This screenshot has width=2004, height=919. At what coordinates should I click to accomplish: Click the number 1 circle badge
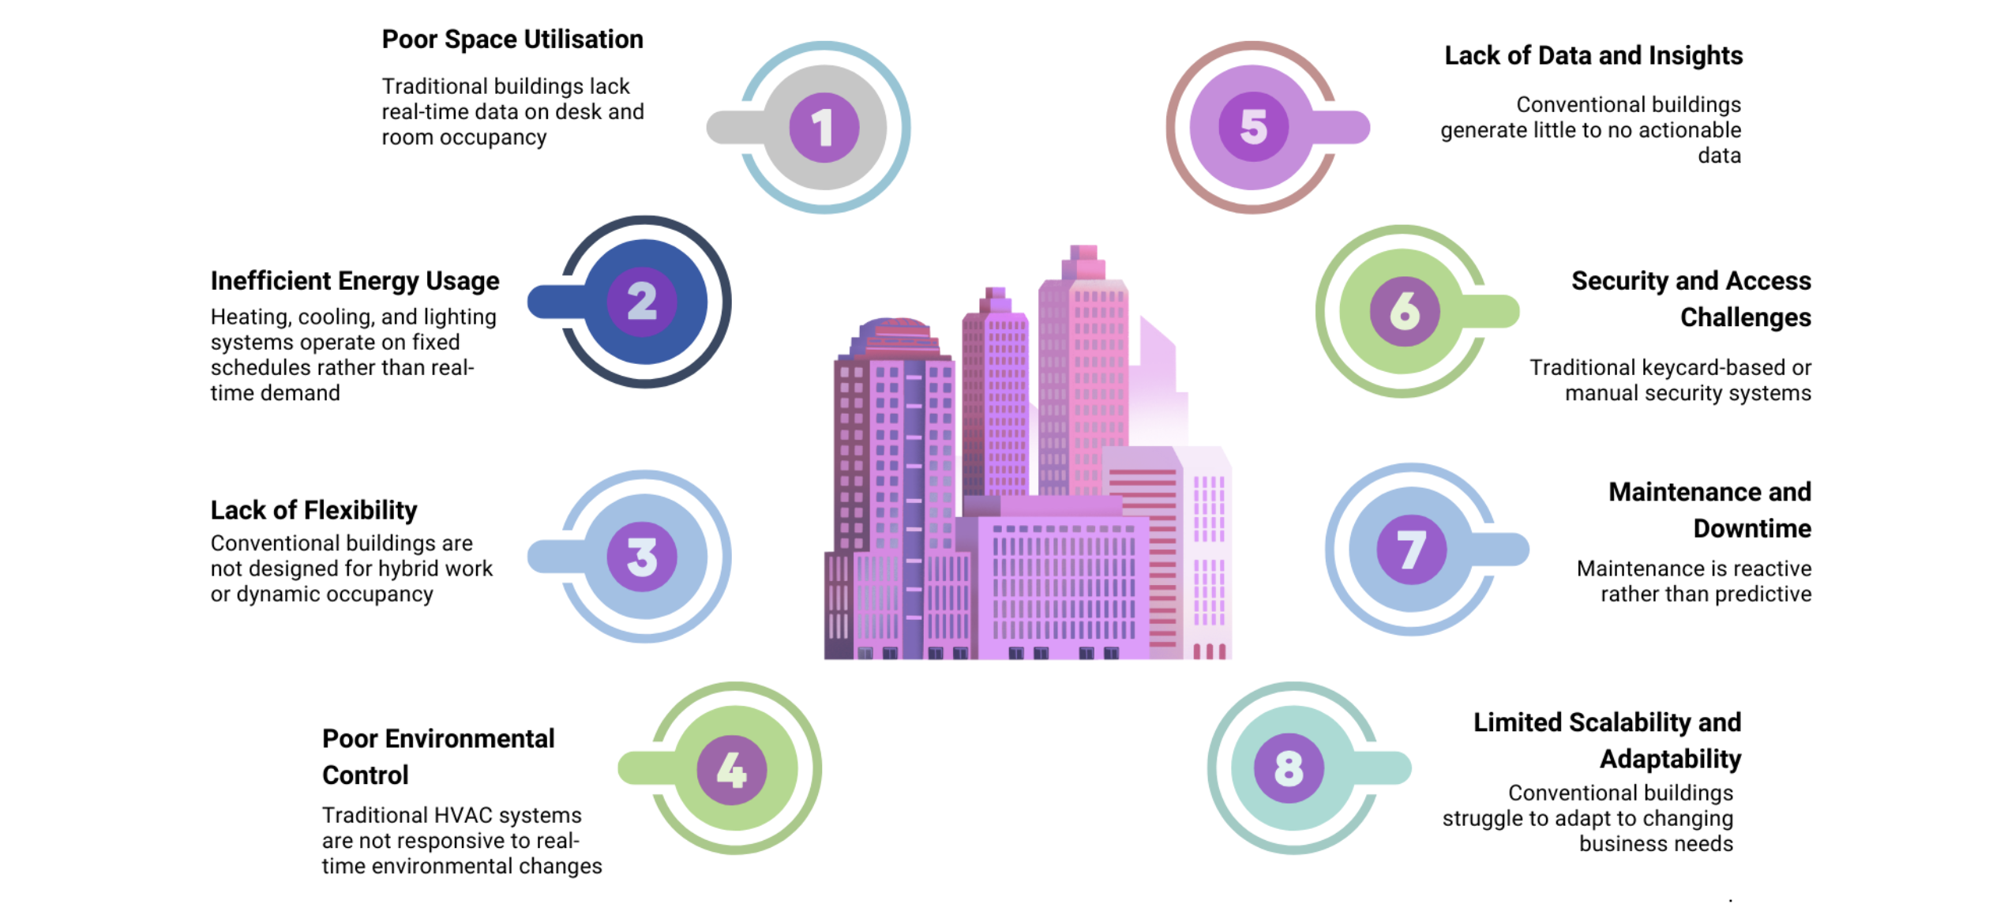pos(824,127)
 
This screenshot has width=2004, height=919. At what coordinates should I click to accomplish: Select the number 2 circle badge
pos(642,302)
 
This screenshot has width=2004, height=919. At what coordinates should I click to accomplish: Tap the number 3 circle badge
pos(642,557)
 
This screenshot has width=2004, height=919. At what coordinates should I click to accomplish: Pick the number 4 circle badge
pos(732,769)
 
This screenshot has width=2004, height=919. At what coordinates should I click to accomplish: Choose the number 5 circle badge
pos(1253,127)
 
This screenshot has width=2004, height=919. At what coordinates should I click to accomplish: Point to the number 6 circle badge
pos(1405,311)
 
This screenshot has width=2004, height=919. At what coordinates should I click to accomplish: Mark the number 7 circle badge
pos(1412,550)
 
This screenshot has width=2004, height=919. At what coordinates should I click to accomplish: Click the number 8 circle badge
pos(1289,768)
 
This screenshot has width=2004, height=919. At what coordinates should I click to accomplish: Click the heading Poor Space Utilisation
pos(512,39)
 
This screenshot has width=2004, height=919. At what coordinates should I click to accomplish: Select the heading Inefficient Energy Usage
pos(355,281)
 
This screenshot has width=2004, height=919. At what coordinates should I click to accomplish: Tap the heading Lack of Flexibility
pos(313,511)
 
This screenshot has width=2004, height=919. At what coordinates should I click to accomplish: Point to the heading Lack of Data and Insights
pos(1593,55)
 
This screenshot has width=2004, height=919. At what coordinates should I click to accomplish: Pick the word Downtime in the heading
pos(1752,528)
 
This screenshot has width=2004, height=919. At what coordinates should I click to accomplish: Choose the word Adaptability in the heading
pos(1671,760)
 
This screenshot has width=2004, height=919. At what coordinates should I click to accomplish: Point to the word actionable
pos(1690,129)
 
